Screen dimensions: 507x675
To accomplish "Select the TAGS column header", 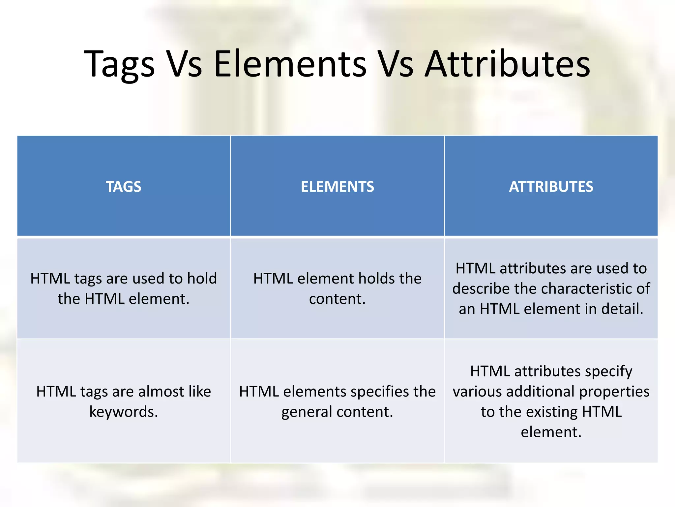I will tap(124, 186).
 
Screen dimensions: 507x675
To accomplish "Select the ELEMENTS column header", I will tap(337, 186).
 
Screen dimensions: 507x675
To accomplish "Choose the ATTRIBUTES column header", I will tap(551, 186).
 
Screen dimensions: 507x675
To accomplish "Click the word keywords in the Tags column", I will tap(123, 412).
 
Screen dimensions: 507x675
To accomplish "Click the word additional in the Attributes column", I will tap(541, 391).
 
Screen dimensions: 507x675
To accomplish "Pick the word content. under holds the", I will tap(337, 299).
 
